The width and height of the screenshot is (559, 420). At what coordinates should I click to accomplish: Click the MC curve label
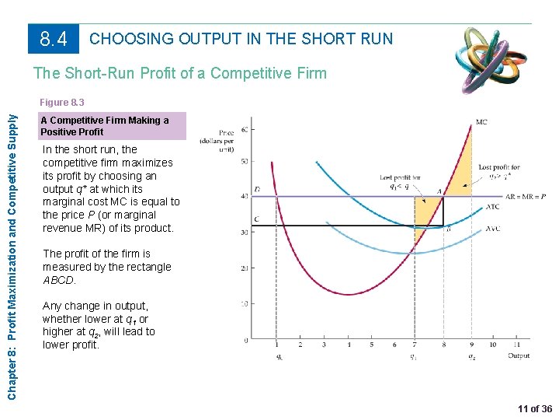(x=481, y=122)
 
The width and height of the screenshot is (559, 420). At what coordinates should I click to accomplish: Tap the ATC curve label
(x=492, y=206)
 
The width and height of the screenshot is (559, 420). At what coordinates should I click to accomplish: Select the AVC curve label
(x=492, y=229)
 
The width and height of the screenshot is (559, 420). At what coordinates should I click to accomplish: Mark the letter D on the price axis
(x=257, y=190)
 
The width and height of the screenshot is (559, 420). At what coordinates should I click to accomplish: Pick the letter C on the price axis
(x=257, y=220)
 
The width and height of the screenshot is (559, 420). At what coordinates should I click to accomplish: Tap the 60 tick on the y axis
(x=245, y=128)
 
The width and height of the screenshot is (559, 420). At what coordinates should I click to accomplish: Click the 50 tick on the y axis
(x=245, y=162)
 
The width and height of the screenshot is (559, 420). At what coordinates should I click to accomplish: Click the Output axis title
(x=518, y=355)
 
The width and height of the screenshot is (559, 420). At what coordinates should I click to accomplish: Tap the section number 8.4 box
(x=54, y=38)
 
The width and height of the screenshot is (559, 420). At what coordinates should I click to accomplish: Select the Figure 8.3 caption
(x=63, y=102)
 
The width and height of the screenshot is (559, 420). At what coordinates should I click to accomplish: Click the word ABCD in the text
(x=60, y=280)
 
